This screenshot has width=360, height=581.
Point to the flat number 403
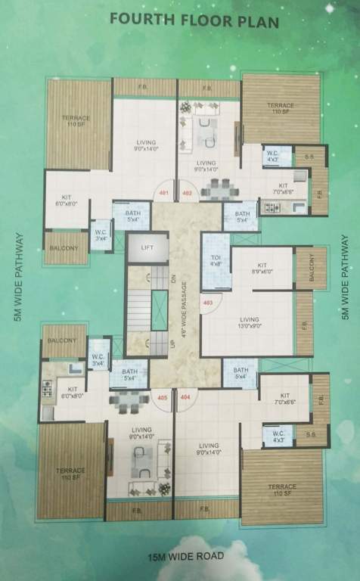(x=208, y=303)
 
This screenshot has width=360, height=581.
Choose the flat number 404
(x=185, y=396)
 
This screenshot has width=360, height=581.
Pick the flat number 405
(x=161, y=396)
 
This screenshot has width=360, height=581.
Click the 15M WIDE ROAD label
(x=185, y=558)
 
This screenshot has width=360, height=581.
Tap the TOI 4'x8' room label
(x=215, y=260)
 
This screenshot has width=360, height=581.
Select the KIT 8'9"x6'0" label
(x=262, y=269)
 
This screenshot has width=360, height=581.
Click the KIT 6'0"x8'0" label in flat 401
(x=66, y=200)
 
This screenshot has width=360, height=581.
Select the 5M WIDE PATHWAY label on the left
(x=18, y=278)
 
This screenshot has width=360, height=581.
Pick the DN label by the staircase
(x=173, y=278)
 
